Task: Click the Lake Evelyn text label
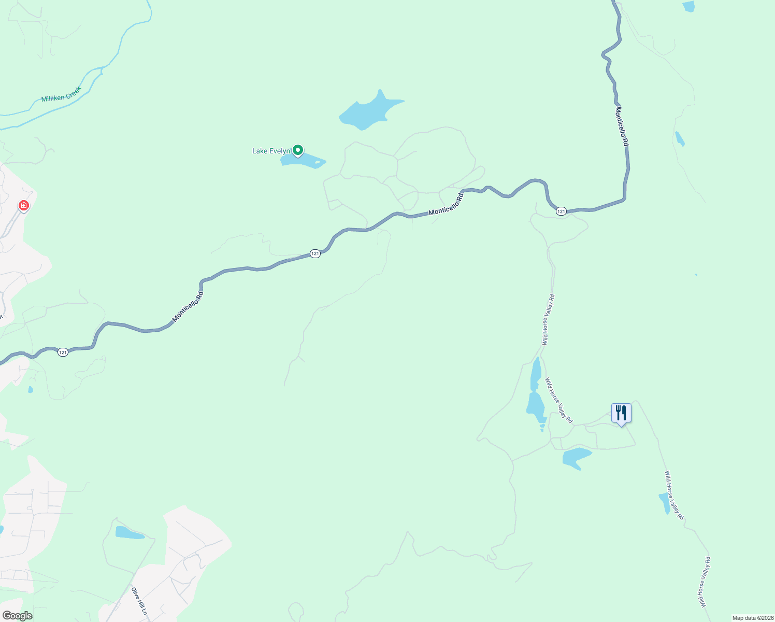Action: pyautogui.click(x=271, y=151)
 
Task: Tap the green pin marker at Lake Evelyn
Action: pyautogui.click(x=298, y=150)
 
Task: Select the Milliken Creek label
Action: pyautogui.click(x=62, y=94)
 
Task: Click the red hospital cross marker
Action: pyautogui.click(x=23, y=206)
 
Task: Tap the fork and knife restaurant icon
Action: pyautogui.click(x=621, y=413)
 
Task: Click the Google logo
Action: pyautogui.click(x=17, y=616)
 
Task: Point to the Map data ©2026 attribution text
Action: pyautogui.click(x=752, y=618)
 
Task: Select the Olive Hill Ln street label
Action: pyautogui.click(x=139, y=601)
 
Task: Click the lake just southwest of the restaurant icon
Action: pyautogui.click(x=576, y=458)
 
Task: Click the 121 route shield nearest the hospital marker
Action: pyautogui.click(x=63, y=352)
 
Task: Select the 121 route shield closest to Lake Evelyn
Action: pyautogui.click(x=315, y=253)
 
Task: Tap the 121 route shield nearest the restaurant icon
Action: pyautogui.click(x=561, y=211)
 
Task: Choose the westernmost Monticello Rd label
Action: pyautogui.click(x=188, y=307)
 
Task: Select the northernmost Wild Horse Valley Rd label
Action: pyautogui.click(x=548, y=319)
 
